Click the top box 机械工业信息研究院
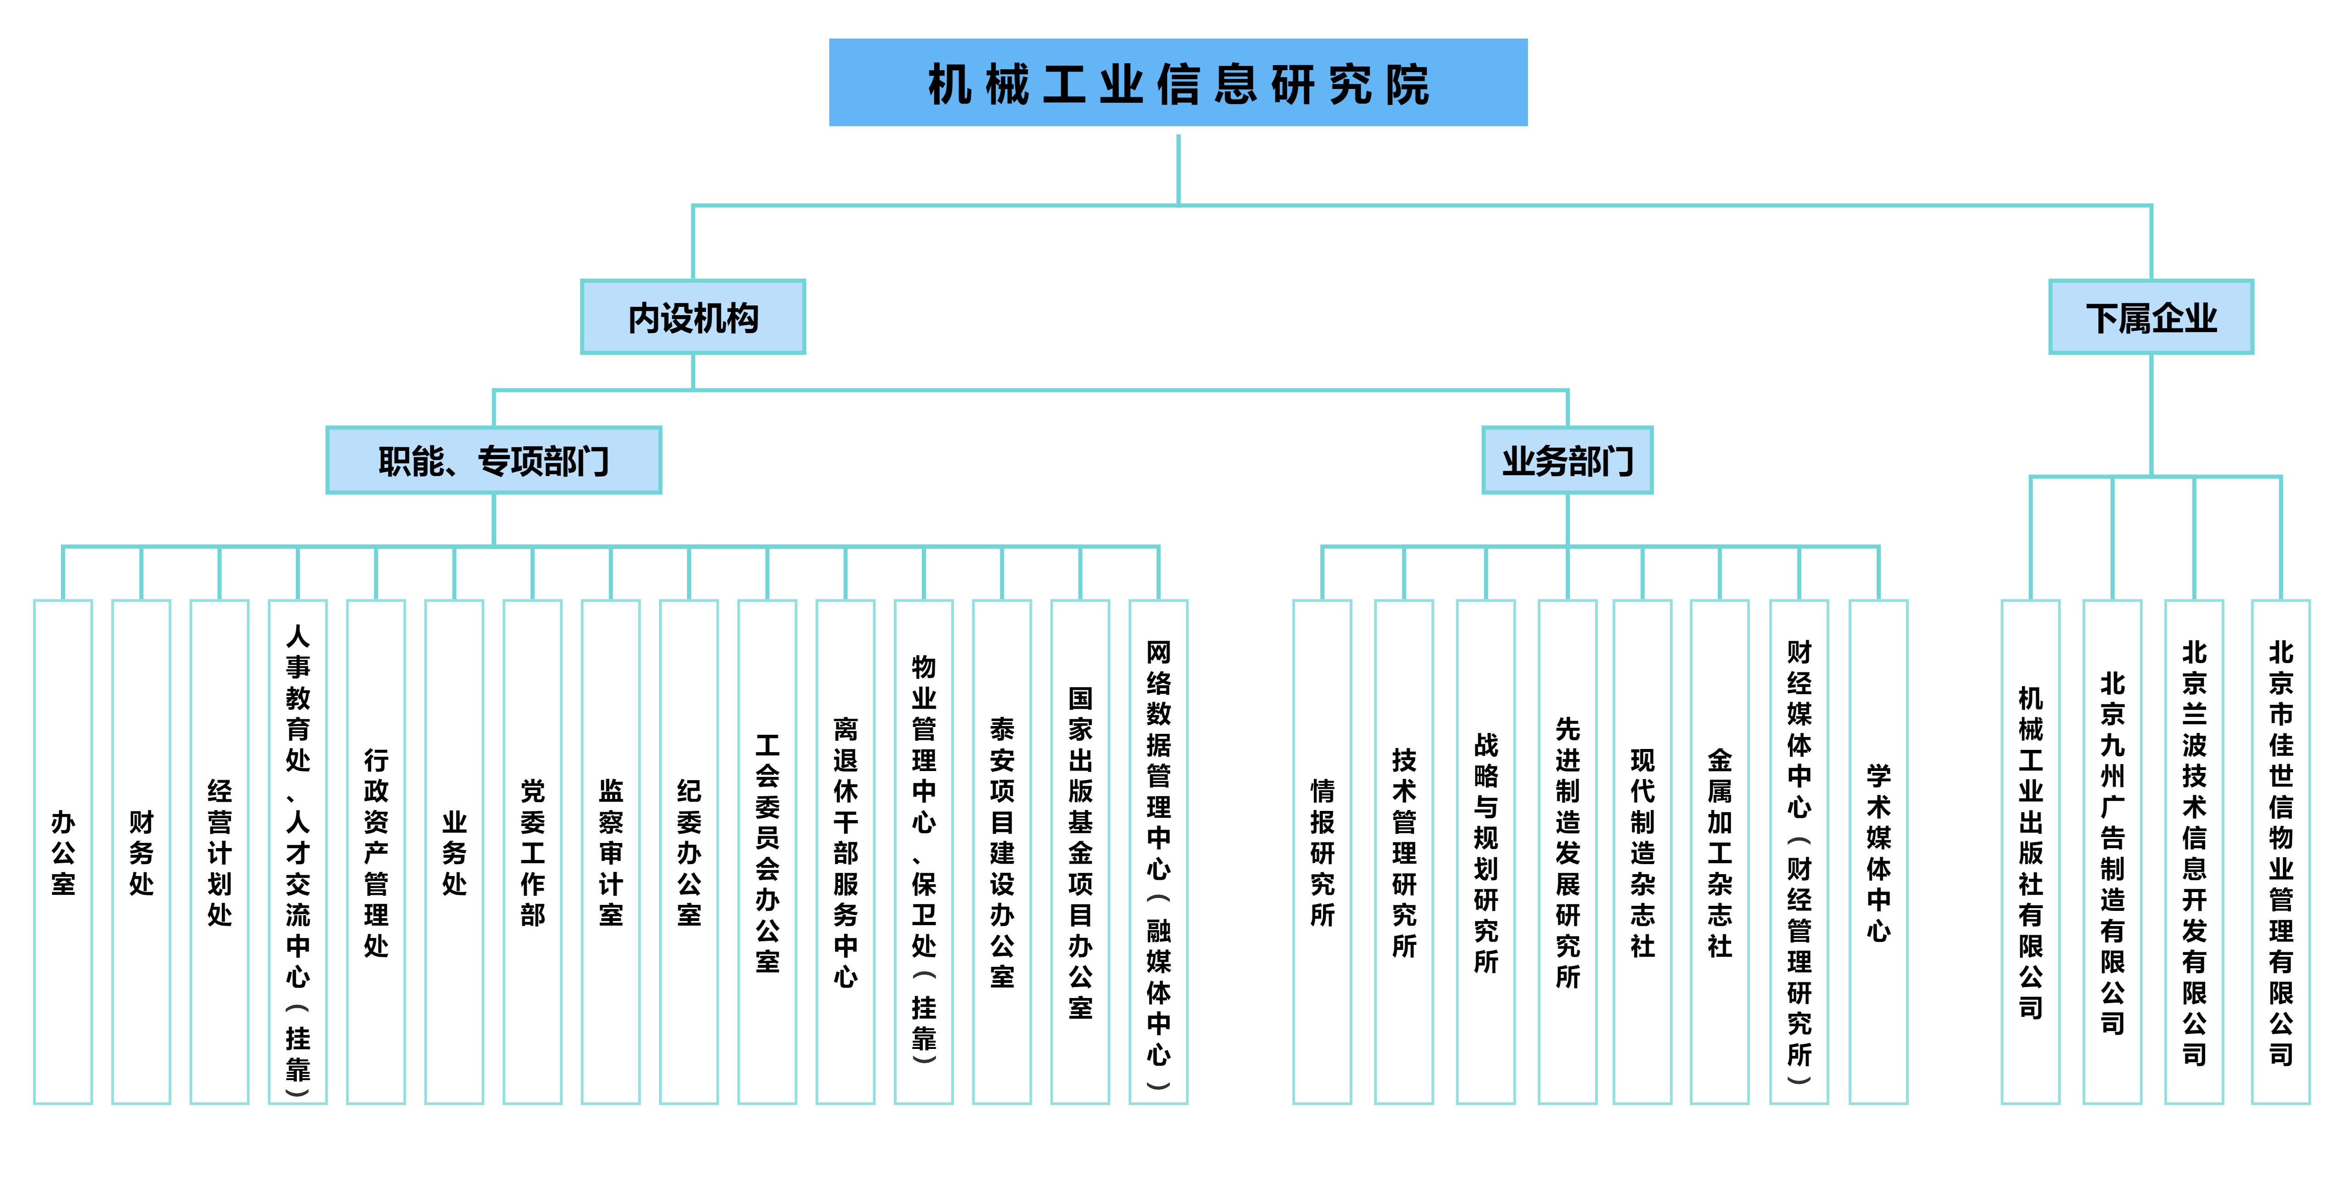pos(1177,83)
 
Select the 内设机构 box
pos(693,317)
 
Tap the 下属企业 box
pos(2150,317)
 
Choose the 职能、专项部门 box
pos(493,460)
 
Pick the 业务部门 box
pos(1567,460)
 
